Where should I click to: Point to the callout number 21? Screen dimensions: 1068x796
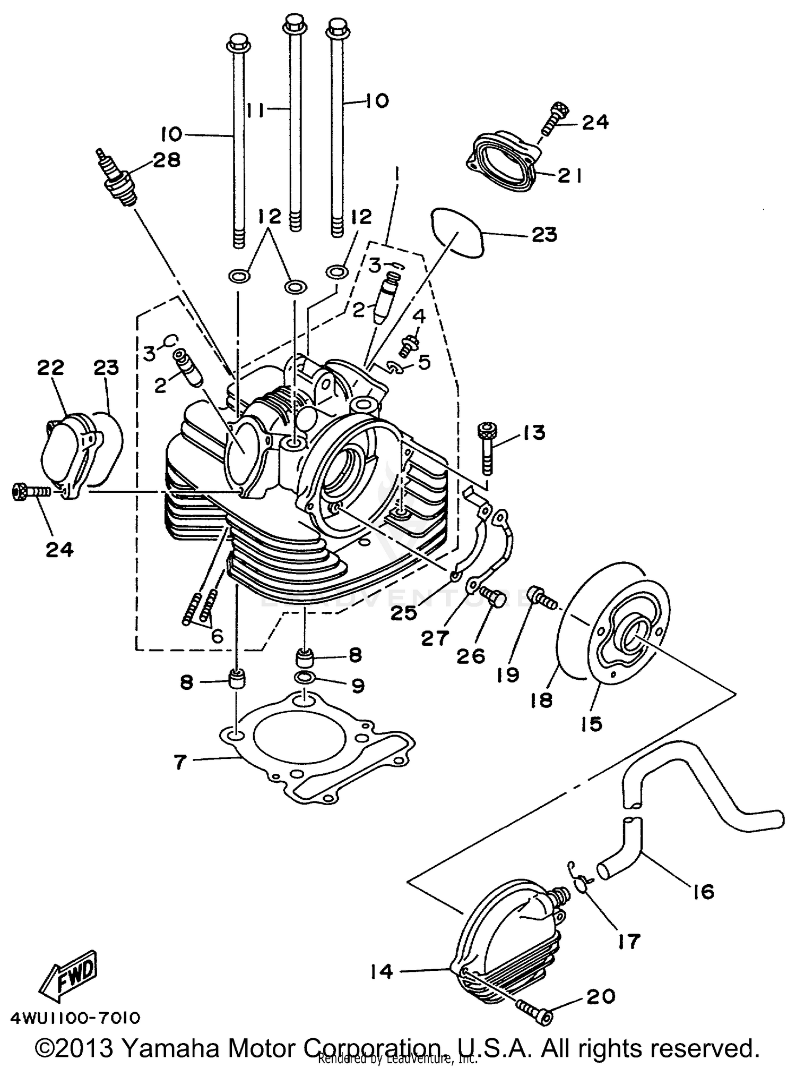pos(569,176)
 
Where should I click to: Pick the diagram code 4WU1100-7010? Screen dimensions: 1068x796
pos(75,1018)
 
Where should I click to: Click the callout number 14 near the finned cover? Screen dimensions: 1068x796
pos(382,971)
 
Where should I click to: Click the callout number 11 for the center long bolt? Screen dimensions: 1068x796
pos(257,110)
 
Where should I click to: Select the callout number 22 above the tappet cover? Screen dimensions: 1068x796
pos(50,367)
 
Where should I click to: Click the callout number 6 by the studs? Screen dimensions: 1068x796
pos(217,636)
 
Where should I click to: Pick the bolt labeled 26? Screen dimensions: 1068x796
pos(488,599)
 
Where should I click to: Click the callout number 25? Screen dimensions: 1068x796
pos(404,613)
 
